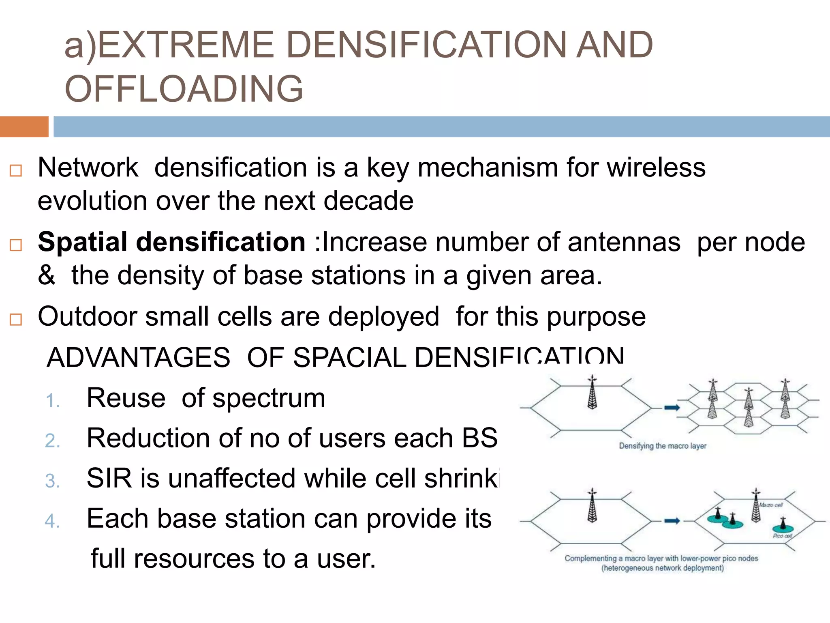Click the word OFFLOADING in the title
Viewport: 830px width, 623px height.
pos(184,89)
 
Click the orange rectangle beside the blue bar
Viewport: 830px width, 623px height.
pos(24,127)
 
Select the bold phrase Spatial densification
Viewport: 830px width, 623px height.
pos(171,242)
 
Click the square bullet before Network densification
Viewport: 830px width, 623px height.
pos(15,171)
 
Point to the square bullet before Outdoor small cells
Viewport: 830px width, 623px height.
pos(15,320)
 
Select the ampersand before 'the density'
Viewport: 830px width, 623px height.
pos(46,275)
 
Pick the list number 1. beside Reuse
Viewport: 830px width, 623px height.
pos(53,401)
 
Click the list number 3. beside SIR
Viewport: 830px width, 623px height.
pos(53,481)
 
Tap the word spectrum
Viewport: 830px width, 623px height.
pos(269,399)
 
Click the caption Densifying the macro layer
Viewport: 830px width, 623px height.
pos(663,446)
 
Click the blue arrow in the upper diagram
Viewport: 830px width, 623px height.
pos(672,408)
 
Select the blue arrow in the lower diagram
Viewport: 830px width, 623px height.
pos(672,521)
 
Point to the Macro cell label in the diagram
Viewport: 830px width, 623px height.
pos(771,505)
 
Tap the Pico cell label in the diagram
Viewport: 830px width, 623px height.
pos(782,536)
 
